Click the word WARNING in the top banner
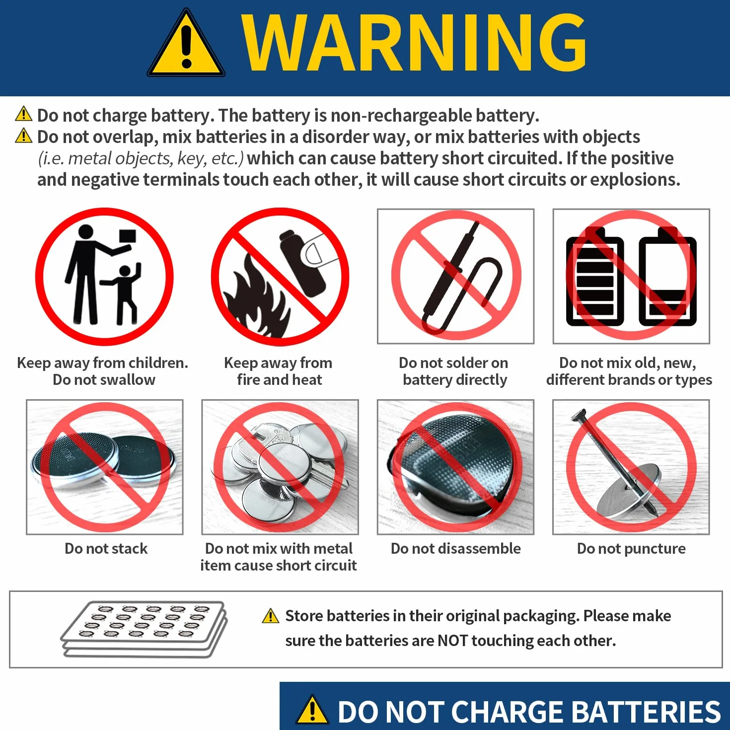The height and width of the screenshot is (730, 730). pos(414,43)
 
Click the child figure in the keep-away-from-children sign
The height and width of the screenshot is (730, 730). pos(123,294)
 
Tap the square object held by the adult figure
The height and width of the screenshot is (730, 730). pos(128,236)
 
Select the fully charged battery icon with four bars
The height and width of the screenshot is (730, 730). pos(595,277)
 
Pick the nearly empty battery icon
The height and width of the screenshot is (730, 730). pos(667,277)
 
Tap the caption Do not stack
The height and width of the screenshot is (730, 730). pos(106,549)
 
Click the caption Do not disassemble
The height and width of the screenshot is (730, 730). pos(456,549)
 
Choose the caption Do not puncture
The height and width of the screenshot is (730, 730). pos(631,549)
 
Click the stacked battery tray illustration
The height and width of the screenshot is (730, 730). pos(145,630)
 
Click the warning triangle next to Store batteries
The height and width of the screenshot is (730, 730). pos(271,616)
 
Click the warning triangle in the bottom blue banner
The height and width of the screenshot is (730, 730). pos(312,709)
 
